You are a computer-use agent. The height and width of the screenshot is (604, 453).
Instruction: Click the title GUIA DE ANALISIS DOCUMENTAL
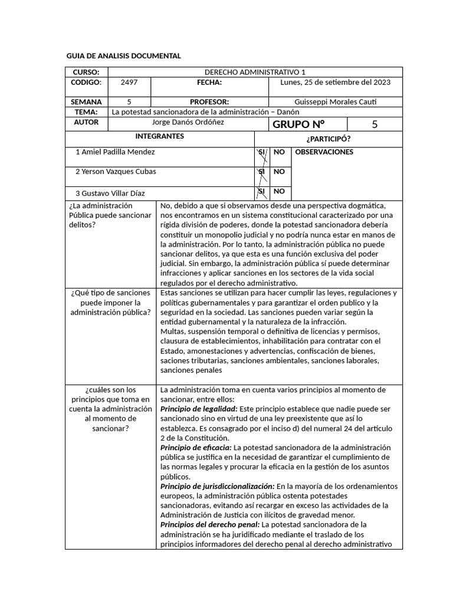point(123,56)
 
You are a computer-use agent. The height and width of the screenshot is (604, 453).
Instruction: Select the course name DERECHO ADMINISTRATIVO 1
point(255,72)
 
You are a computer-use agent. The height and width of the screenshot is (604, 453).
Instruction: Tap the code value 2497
point(129,83)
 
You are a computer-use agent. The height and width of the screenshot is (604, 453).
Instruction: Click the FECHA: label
point(209,83)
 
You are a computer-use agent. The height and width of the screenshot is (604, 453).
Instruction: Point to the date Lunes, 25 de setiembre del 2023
point(334,83)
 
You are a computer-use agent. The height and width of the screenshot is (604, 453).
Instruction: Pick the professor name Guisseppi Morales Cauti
point(334,101)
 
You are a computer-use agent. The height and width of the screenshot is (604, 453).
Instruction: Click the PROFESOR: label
point(209,101)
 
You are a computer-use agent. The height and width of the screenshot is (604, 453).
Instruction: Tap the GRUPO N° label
point(298,124)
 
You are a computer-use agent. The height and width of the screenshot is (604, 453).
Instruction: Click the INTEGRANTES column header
point(159,136)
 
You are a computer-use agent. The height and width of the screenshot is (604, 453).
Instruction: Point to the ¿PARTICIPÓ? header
point(328,139)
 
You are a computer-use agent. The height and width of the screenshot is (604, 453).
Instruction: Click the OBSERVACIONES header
point(324,152)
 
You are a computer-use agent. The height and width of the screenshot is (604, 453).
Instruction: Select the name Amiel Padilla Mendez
point(116,152)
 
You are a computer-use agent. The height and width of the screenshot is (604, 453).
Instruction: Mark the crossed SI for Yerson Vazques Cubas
point(261,172)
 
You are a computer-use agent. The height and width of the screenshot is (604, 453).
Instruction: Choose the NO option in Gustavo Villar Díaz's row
point(279,191)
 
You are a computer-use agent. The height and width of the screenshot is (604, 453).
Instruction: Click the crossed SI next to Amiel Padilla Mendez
point(261,152)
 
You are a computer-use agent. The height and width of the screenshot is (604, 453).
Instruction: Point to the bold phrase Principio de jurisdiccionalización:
point(218,486)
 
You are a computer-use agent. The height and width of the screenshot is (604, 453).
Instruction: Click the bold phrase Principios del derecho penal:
point(210,524)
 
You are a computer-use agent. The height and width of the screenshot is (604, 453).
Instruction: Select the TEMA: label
point(87,111)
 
